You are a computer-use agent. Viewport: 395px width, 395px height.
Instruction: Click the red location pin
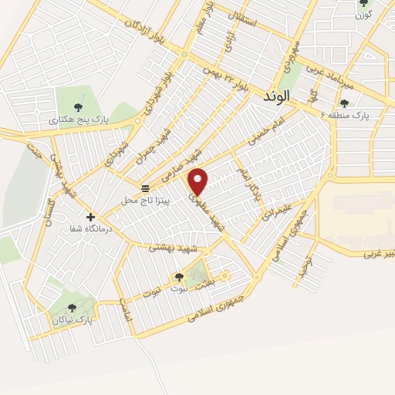click(198, 181)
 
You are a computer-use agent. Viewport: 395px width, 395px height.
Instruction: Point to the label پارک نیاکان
click(73, 318)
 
